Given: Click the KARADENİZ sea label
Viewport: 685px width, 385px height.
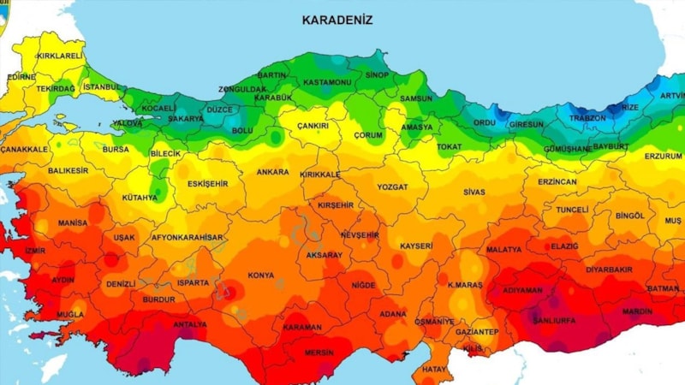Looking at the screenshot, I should [x=337, y=19].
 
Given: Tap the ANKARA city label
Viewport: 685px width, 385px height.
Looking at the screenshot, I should [x=272, y=172].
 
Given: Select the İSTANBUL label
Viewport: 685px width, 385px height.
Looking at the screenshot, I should [x=103, y=87].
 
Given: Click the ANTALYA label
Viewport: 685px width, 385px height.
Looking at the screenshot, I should [x=189, y=324].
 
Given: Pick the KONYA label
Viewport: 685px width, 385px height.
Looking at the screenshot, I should [x=260, y=275].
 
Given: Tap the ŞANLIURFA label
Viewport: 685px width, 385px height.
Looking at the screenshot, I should [x=554, y=321].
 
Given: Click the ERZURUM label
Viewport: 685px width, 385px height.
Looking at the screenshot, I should [x=663, y=157].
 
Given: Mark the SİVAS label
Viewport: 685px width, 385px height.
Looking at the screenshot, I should [x=474, y=192].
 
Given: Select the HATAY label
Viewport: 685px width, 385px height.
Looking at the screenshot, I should [x=435, y=370].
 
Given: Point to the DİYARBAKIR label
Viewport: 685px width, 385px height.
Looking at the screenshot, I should [x=608, y=269].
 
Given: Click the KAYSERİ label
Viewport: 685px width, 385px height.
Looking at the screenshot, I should [x=416, y=246].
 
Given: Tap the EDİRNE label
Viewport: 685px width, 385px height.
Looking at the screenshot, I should [x=20, y=76].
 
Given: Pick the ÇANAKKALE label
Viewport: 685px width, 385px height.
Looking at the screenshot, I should [x=23, y=150].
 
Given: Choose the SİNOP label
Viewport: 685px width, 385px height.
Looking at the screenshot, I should [x=377, y=75].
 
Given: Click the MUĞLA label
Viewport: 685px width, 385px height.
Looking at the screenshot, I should [x=70, y=315].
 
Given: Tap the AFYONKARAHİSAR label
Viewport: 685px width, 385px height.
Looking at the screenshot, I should [x=187, y=237].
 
